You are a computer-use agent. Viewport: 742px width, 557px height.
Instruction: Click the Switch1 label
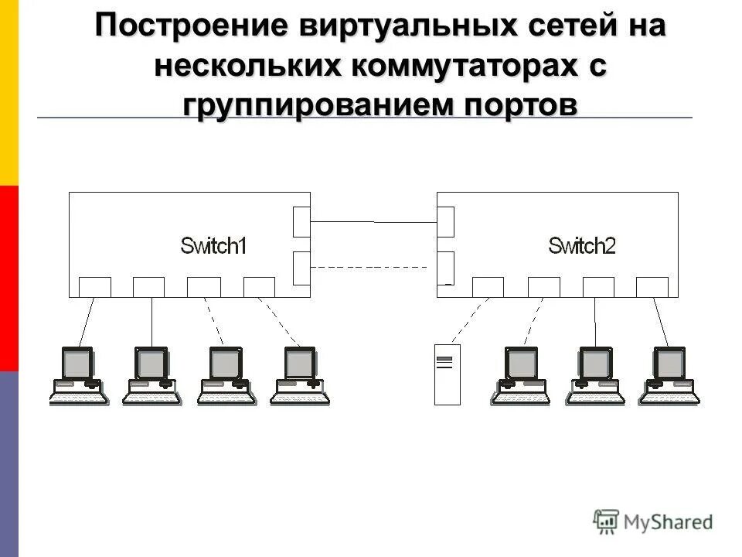tap(213, 246)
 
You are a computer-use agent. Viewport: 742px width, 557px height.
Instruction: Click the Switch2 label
tap(581, 246)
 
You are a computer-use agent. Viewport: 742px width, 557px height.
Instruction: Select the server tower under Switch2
tap(447, 375)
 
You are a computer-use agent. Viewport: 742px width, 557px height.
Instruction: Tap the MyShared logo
tap(653, 521)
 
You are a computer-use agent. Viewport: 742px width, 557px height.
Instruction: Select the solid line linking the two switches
tap(373, 222)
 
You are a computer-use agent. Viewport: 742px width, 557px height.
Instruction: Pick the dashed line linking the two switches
tap(369, 267)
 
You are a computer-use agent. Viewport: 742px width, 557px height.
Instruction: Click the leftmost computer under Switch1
tap(78, 376)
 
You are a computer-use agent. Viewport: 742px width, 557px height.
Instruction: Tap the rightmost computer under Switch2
tap(669, 376)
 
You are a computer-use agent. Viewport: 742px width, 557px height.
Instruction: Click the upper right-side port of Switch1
tap(301, 222)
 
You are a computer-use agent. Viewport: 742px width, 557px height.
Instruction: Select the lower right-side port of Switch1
tap(301, 268)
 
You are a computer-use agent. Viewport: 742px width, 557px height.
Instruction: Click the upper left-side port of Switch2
tap(445, 222)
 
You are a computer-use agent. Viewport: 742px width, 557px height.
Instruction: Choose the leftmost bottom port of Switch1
tap(95, 287)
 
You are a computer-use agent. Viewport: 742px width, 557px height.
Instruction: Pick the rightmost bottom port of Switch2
tap(652, 287)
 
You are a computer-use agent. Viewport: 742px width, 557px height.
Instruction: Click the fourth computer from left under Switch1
tap(300, 376)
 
